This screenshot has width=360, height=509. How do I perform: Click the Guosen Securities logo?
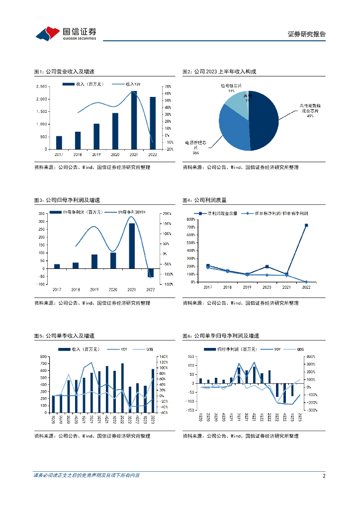coord(66,33)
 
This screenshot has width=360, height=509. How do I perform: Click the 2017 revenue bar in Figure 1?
coord(59,142)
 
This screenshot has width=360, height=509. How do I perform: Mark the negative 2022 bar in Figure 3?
coord(151,272)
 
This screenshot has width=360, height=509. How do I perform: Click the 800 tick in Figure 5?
coord(44,356)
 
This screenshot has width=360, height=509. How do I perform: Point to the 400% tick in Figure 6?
coord(311,356)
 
